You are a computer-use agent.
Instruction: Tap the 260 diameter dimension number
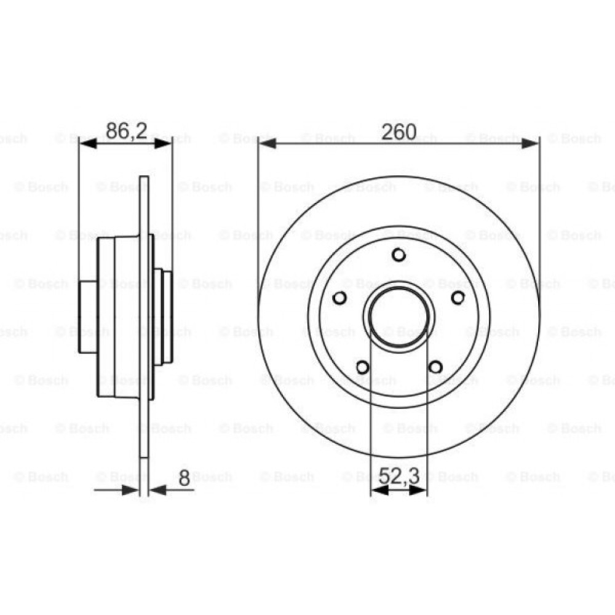(x=399, y=132)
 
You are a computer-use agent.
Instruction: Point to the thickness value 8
(x=183, y=478)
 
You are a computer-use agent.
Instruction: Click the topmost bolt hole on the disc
(x=399, y=255)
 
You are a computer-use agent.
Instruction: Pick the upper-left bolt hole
(x=339, y=298)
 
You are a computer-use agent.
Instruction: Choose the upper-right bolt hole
(x=458, y=298)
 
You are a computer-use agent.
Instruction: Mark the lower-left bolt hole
(x=362, y=367)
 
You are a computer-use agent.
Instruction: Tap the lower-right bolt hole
(x=435, y=367)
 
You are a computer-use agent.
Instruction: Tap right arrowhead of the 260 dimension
(x=531, y=143)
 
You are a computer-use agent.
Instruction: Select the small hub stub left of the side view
(x=88, y=317)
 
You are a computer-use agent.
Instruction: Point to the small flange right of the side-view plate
(x=162, y=317)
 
